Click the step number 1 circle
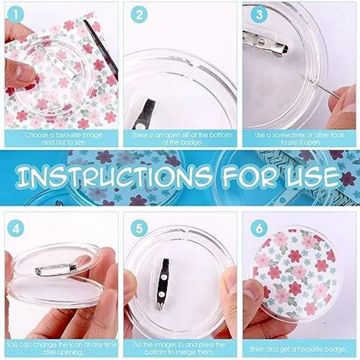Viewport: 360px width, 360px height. click(x=17, y=15)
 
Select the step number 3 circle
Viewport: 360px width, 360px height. click(x=259, y=15)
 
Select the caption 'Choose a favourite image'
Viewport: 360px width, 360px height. click(x=63, y=135)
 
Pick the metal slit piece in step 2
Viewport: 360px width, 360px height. click(x=148, y=112)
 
